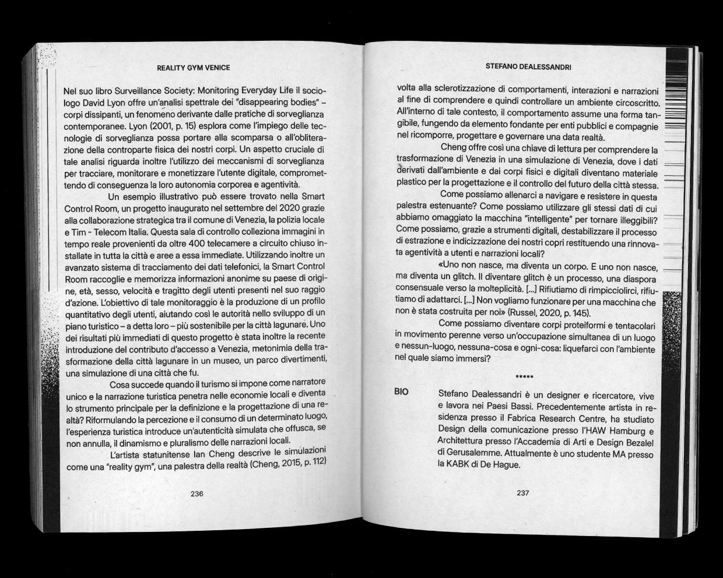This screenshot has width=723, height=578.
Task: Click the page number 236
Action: [x=196, y=494]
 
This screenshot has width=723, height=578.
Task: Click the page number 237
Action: [x=522, y=493]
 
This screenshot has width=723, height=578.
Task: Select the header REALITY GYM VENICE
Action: [x=194, y=68]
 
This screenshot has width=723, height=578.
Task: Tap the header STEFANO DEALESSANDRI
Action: [x=528, y=67]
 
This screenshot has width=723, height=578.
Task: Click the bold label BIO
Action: [x=401, y=392]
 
